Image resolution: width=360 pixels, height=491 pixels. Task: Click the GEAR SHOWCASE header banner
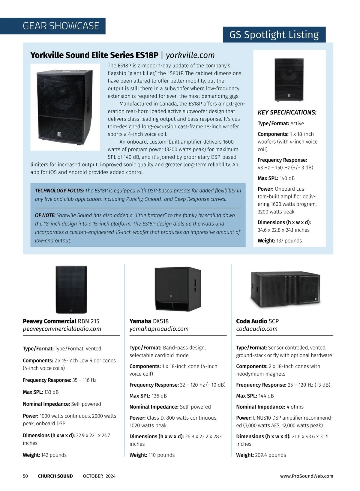click(x=61, y=26)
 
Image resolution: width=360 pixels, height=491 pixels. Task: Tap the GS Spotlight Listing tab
click(x=274, y=35)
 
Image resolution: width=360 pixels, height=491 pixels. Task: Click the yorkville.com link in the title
click(x=190, y=55)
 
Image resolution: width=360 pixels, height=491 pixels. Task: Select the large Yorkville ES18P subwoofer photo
click(x=65, y=107)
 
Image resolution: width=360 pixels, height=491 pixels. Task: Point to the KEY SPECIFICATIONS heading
click(x=287, y=113)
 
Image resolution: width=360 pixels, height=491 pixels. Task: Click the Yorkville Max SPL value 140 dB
click(x=287, y=178)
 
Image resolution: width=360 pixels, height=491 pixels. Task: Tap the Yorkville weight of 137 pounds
click(x=289, y=241)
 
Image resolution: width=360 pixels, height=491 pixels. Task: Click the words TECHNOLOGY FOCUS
click(x=59, y=191)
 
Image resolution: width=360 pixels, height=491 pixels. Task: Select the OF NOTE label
click(x=45, y=216)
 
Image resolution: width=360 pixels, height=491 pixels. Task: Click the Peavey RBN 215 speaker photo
click(x=71, y=290)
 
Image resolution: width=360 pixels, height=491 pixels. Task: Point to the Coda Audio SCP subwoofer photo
click(x=285, y=290)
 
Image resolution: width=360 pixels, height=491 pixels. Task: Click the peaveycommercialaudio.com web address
click(x=62, y=329)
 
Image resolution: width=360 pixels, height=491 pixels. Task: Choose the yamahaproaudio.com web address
click(x=159, y=329)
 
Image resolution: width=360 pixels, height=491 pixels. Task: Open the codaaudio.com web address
click(x=257, y=329)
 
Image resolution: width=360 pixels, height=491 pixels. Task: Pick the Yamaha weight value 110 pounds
click(x=161, y=455)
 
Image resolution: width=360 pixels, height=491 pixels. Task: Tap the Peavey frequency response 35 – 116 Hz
click(x=84, y=380)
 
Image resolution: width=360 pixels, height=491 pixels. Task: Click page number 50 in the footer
click(x=25, y=476)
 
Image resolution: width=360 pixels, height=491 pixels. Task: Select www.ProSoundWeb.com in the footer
click(x=307, y=476)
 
